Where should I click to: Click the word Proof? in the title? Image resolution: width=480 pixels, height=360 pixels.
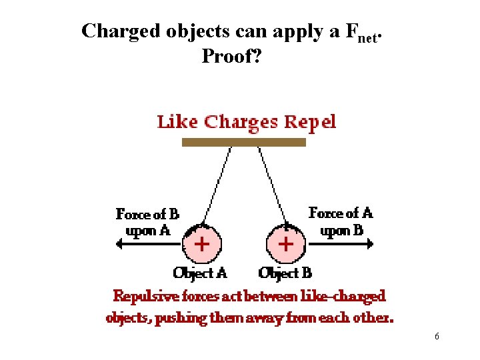pos(231,57)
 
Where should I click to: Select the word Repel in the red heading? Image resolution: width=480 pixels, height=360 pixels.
pos(309,122)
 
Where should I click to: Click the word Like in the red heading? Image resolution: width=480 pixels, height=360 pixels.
pos(177,122)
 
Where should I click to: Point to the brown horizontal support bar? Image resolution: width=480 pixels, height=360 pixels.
pos(244,142)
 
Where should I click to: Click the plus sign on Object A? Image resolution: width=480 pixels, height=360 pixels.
pos(201,243)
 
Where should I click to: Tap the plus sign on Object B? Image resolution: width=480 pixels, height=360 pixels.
pos(285,243)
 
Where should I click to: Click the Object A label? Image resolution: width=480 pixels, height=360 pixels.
pos(200,272)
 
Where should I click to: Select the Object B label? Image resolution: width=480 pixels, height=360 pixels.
pos(285,272)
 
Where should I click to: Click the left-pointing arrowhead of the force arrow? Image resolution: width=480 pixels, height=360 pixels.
pos(120,244)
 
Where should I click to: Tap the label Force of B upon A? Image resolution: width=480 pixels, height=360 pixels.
pos(147,222)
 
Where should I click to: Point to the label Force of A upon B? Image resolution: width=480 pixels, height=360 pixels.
pos(341,221)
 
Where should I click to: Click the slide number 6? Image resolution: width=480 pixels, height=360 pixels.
pos(437,337)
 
